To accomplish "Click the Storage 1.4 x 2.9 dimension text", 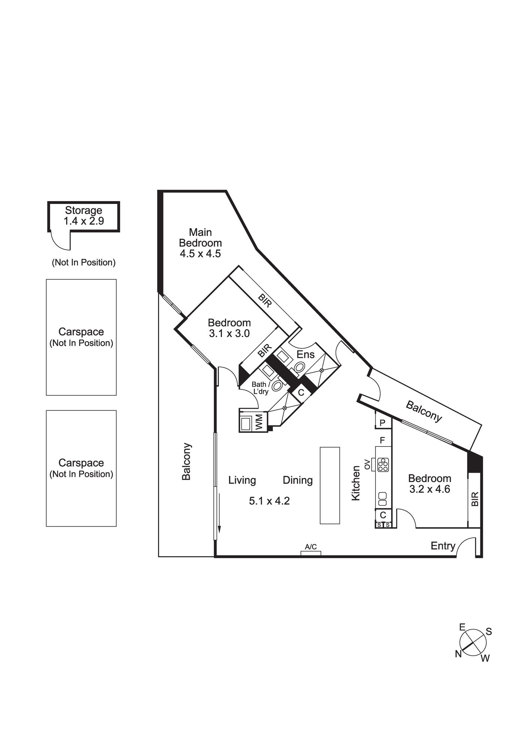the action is (83, 221).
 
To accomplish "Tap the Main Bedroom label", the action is (200, 237).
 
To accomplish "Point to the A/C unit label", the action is (311, 547).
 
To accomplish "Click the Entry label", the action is (443, 546).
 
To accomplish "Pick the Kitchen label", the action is (356, 483).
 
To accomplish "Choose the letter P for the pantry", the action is (383, 423).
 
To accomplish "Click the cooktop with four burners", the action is (383, 465).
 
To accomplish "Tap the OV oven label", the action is (367, 465).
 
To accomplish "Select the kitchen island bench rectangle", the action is (330, 485).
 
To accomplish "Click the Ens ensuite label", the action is (305, 355).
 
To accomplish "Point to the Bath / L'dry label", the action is (260, 388).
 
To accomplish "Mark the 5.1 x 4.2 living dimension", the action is (270, 501).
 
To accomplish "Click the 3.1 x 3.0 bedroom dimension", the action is (229, 333).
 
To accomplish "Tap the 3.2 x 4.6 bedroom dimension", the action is (430, 489).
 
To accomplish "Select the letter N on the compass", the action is (458, 654).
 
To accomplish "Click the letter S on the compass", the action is (489, 632).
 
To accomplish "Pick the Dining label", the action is (298, 480).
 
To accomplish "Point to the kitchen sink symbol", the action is (382, 496).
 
